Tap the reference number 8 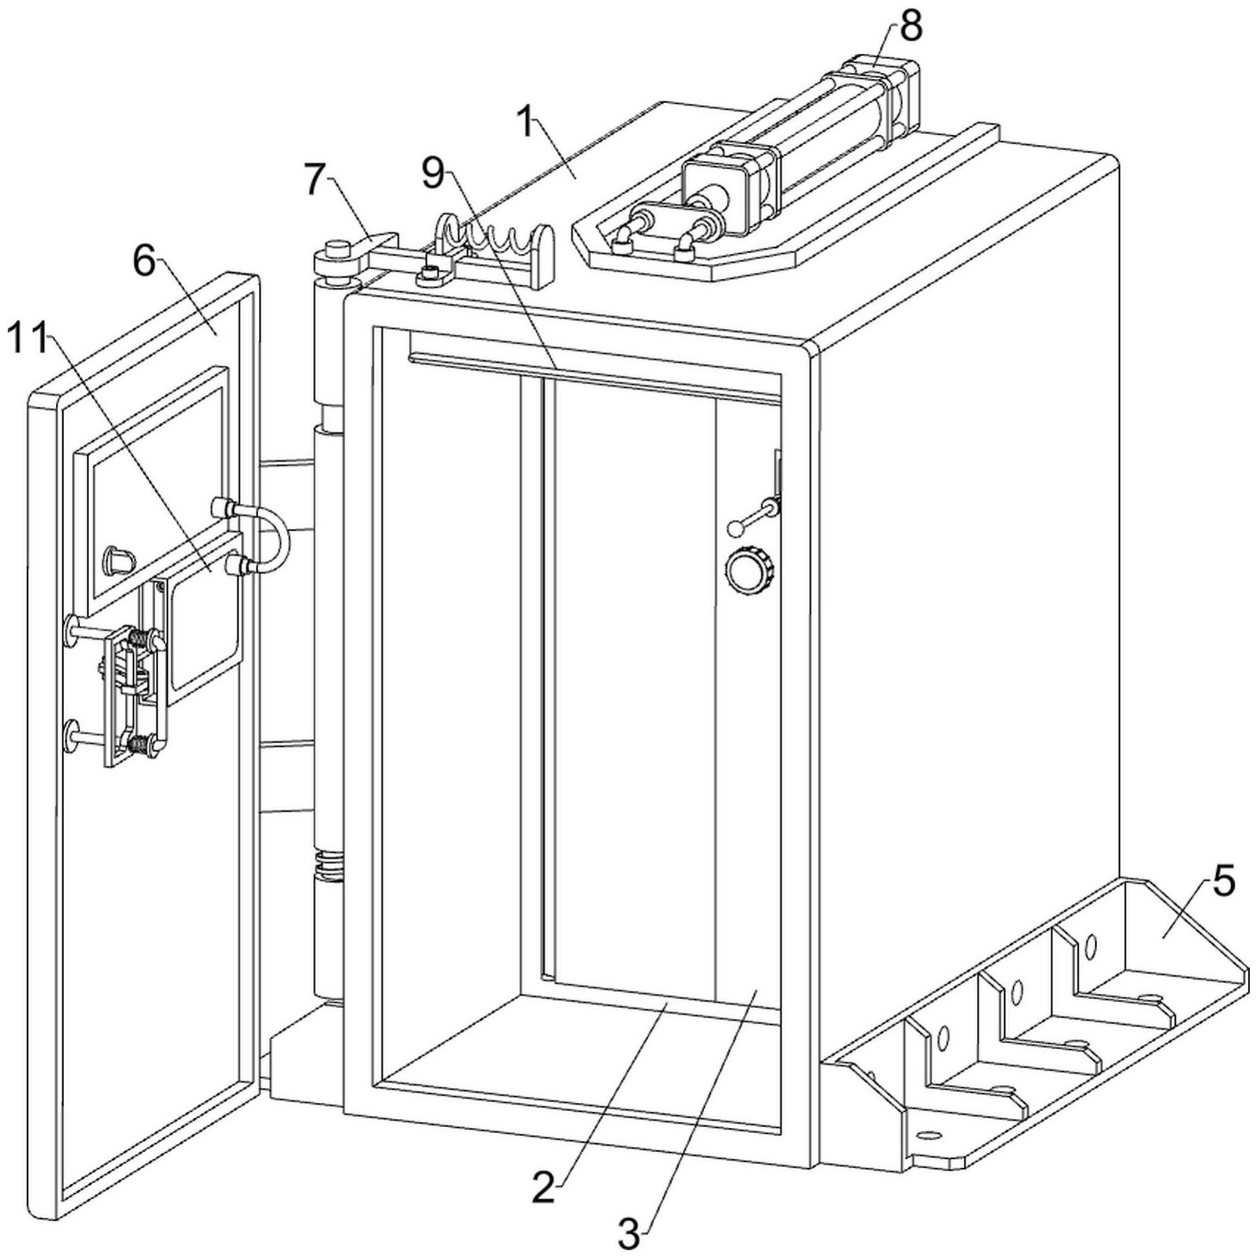(x=911, y=28)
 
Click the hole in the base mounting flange (x=929, y=1135)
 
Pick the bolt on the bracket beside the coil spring (x=430, y=274)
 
